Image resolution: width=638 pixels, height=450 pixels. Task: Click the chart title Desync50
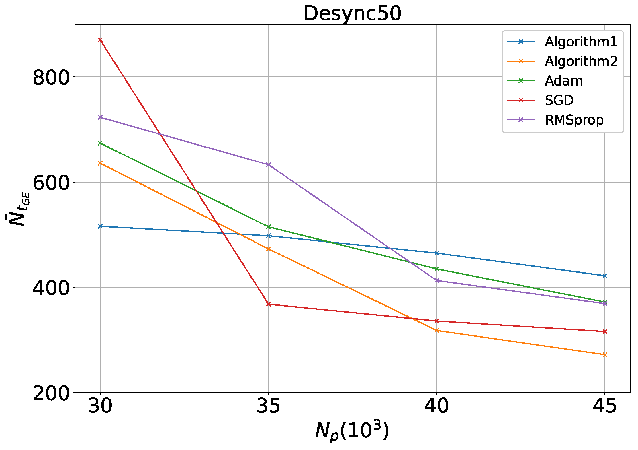pyautogui.click(x=352, y=14)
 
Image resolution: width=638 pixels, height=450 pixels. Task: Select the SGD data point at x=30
pyautogui.click(x=100, y=40)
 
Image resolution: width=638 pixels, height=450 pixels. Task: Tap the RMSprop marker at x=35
pyautogui.click(x=268, y=165)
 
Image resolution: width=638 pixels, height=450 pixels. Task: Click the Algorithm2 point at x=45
pyautogui.click(x=605, y=355)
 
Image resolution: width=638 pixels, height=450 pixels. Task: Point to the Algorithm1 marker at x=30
pyautogui.click(x=100, y=226)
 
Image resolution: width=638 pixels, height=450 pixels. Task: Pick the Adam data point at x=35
pyautogui.click(x=268, y=227)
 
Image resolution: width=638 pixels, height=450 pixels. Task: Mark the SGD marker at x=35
pyautogui.click(x=268, y=304)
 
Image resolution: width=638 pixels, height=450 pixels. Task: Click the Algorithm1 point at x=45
pyautogui.click(x=605, y=276)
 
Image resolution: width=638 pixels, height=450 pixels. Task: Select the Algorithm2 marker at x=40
pyautogui.click(x=437, y=331)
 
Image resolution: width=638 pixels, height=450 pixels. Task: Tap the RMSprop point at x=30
pyautogui.click(x=100, y=117)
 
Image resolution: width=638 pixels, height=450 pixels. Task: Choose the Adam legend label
pyautogui.click(x=563, y=81)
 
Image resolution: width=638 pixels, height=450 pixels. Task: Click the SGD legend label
pyautogui.click(x=559, y=100)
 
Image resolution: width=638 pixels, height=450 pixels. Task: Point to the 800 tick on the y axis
pyautogui.click(x=51, y=77)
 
